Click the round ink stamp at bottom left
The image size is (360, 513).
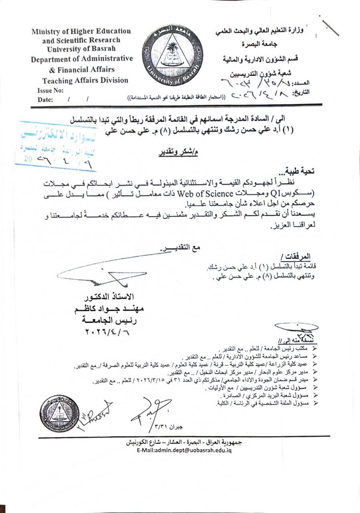[59, 414]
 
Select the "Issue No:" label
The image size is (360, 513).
[50, 91]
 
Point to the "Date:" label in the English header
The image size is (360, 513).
[45, 100]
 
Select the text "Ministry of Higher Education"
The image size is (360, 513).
[81, 31]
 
